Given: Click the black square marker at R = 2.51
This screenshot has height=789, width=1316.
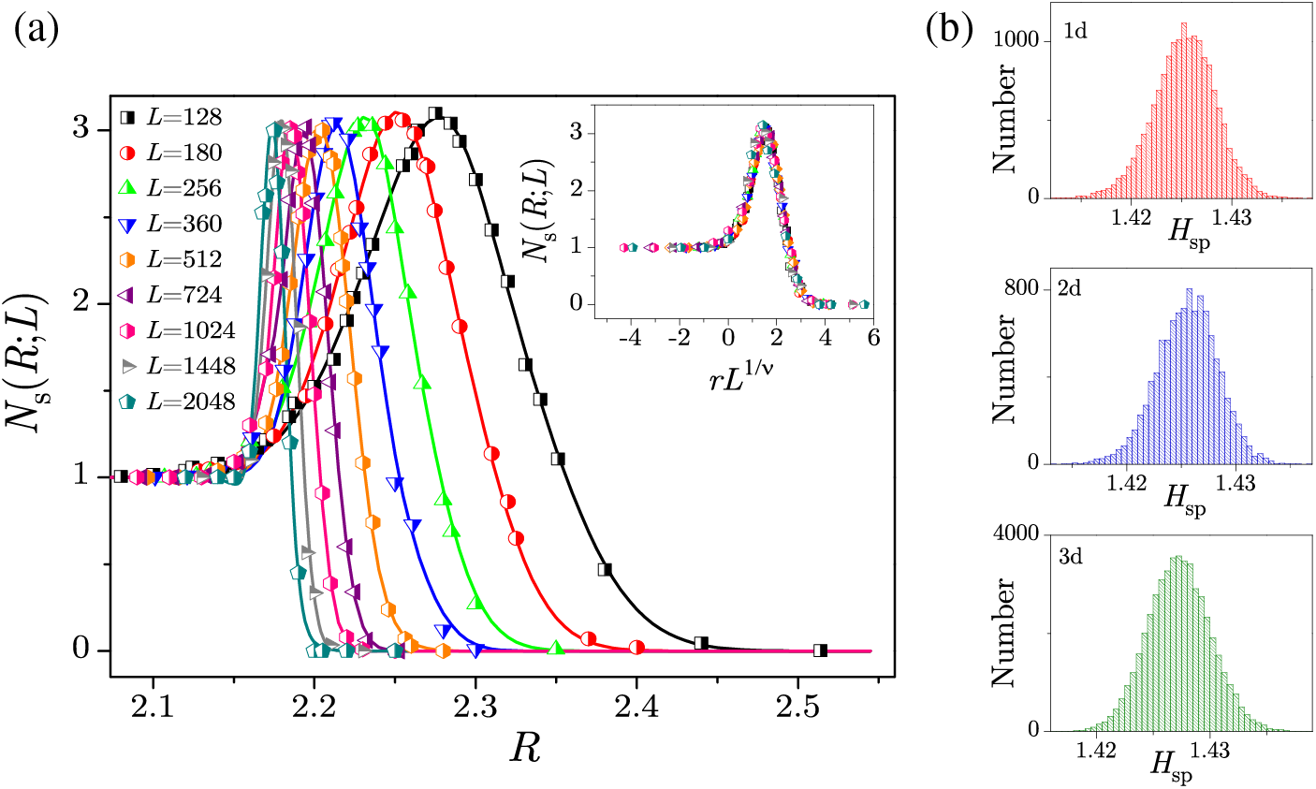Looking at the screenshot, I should coord(820,650).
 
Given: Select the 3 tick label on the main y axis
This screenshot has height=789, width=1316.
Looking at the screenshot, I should coord(82,128).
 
